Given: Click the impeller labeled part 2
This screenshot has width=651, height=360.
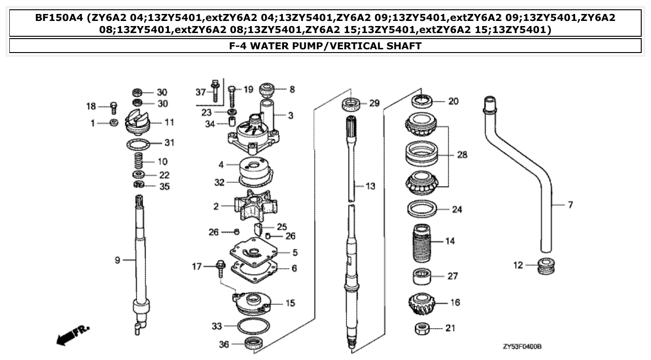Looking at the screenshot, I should coord(255,205).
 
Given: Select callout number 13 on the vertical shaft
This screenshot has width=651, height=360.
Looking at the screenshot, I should coord(370,186).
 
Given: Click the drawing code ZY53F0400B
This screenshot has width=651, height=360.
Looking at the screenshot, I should coord(522,347).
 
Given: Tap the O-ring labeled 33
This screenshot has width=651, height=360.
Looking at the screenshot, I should coord(253,327).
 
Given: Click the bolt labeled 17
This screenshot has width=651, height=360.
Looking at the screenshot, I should coord(220,269).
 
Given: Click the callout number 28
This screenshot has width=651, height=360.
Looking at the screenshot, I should coord(462,154).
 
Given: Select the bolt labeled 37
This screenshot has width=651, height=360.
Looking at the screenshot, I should coord(215,92).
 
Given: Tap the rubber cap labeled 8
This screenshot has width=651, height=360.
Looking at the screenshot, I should coord(267,88).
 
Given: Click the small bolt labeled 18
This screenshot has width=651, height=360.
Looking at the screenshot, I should coord(113,107).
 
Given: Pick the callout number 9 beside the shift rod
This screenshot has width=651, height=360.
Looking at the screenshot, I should coord(117,260).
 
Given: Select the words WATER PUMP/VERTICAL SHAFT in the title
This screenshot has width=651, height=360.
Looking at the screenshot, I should coord(336,46).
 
